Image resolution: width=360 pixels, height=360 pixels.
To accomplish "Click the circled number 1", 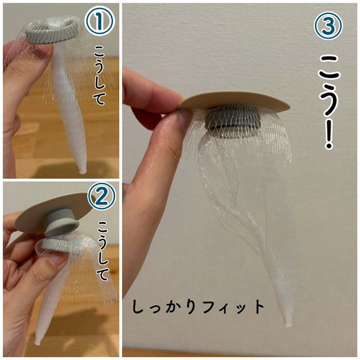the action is point(100,20).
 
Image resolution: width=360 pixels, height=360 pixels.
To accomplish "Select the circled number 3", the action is point(328,26).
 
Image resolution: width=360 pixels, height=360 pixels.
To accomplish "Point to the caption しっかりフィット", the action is point(198,307).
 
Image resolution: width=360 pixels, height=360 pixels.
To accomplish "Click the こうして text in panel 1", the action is point(100,75).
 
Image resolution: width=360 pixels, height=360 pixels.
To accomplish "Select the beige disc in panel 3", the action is point(234,102).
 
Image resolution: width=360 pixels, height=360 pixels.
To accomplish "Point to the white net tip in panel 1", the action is point(83,170).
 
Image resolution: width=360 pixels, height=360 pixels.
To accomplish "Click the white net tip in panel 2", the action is point(37,343).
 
